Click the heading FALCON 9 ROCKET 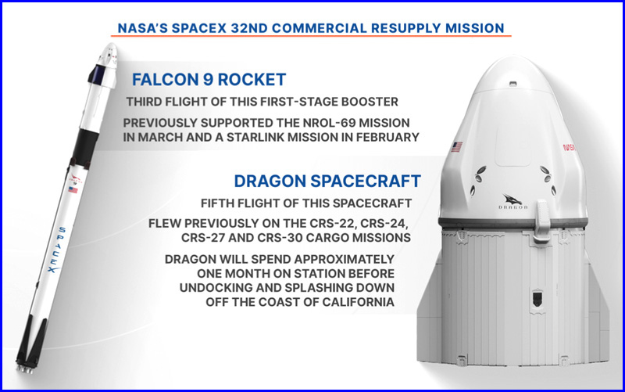(x=209, y=80)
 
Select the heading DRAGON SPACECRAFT (x=327, y=181)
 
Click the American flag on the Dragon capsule (x=457, y=147)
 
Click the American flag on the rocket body (x=73, y=189)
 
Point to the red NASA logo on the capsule (x=570, y=147)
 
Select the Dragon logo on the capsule (x=513, y=202)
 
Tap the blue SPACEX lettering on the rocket (x=57, y=250)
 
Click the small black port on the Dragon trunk (x=537, y=298)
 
